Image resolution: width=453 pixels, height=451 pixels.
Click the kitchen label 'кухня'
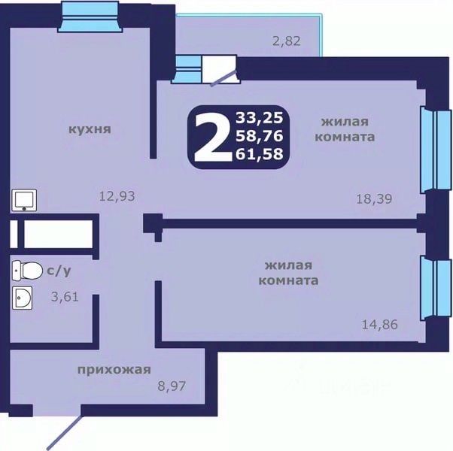tap(90, 129)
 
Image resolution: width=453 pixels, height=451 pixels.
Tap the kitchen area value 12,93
tap(117, 196)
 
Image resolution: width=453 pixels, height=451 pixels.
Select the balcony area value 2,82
tap(286, 41)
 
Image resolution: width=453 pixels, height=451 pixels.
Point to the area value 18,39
tap(374, 198)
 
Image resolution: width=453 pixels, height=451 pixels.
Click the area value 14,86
tap(379, 325)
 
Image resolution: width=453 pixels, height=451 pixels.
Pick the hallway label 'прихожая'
tap(114, 370)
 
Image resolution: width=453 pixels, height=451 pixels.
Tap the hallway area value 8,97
tap(172, 386)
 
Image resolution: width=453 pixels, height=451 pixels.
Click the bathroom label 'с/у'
tap(59, 271)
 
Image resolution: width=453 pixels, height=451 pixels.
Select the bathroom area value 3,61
tap(65, 297)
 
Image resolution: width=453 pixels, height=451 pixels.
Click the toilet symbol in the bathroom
tap(27, 271)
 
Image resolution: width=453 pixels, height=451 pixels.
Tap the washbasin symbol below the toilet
tap(23, 298)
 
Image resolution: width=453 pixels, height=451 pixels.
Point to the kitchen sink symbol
tap(24, 200)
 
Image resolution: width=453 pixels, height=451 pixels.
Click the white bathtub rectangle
tap(59, 234)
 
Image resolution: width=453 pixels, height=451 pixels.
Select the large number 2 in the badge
tap(213, 137)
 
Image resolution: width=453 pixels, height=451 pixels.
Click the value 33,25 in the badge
tap(259, 118)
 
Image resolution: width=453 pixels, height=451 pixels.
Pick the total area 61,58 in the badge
tap(259, 153)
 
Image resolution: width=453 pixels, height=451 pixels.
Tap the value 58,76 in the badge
tap(259, 135)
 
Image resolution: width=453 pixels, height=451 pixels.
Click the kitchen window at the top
tap(90, 16)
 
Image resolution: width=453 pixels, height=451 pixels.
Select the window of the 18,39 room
tap(436, 150)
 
